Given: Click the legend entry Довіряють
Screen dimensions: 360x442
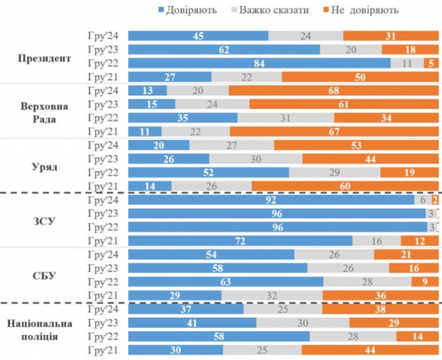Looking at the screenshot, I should pyautogui.click(x=186, y=10).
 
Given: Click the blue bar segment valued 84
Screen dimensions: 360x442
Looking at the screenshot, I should pyautogui.click(x=259, y=63).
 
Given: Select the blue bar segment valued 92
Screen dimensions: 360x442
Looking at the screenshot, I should pyautogui.click(x=272, y=200).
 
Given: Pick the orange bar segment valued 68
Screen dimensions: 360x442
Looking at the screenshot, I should pyautogui.click(x=333, y=90).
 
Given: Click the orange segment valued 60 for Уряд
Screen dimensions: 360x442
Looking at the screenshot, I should pyautogui.click(x=345, y=186).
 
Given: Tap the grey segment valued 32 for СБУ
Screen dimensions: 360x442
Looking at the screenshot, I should pyautogui.click(x=272, y=295).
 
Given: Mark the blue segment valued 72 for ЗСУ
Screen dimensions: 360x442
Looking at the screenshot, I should pyautogui.click(x=240, y=240).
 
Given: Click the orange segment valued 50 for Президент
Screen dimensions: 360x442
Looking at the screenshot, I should pyautogui.click(x=360, y=77).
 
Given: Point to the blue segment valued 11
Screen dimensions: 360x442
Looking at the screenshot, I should pyautogui.click(x=145, y=131).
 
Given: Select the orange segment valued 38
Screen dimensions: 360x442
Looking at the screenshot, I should pyautogui.click(x=380, y=309).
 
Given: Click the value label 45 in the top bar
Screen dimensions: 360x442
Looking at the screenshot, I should pyautogui.click(x=198, y=35).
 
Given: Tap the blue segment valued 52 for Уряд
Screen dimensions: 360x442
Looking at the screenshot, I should pyautogui.click(x=209, y=172).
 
